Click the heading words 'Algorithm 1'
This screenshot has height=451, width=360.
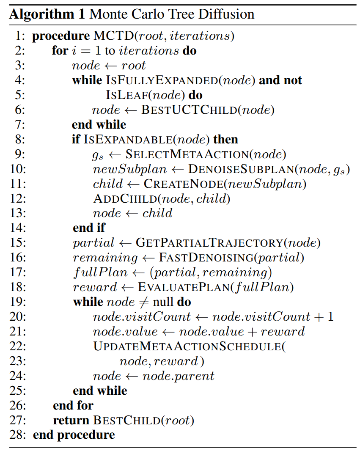click(x=47, y=14)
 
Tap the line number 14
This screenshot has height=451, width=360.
click(x=18, y=228)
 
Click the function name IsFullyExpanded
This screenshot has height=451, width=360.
click(x=162, y=80)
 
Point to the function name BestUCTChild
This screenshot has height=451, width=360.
click(x=189, y=110)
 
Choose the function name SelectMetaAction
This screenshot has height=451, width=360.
click(x=187, y=154)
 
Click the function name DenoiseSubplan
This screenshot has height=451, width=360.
click(x=241, y=169)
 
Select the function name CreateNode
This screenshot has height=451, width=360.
click(x=184, y=184)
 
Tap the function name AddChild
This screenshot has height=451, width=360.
click(x=125, y=198)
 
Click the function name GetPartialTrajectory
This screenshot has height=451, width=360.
click(x=209, y=243)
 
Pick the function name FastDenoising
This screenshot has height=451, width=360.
click(x=206, y=257)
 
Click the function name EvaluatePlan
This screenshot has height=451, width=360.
click(x=184, y=287)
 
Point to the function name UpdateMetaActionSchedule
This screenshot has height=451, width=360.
click(x=187, y=346)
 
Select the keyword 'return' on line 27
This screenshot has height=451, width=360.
click(x=71, y=420)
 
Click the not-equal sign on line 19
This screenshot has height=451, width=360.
click(x=144, y=302)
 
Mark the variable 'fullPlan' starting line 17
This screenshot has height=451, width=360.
click(x=100, y=272)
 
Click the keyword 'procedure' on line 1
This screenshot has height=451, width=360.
click(x=61, y=36)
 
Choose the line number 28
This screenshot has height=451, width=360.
click(x=18, y=434)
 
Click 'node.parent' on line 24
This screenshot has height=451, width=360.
click(x=179, y=376)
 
